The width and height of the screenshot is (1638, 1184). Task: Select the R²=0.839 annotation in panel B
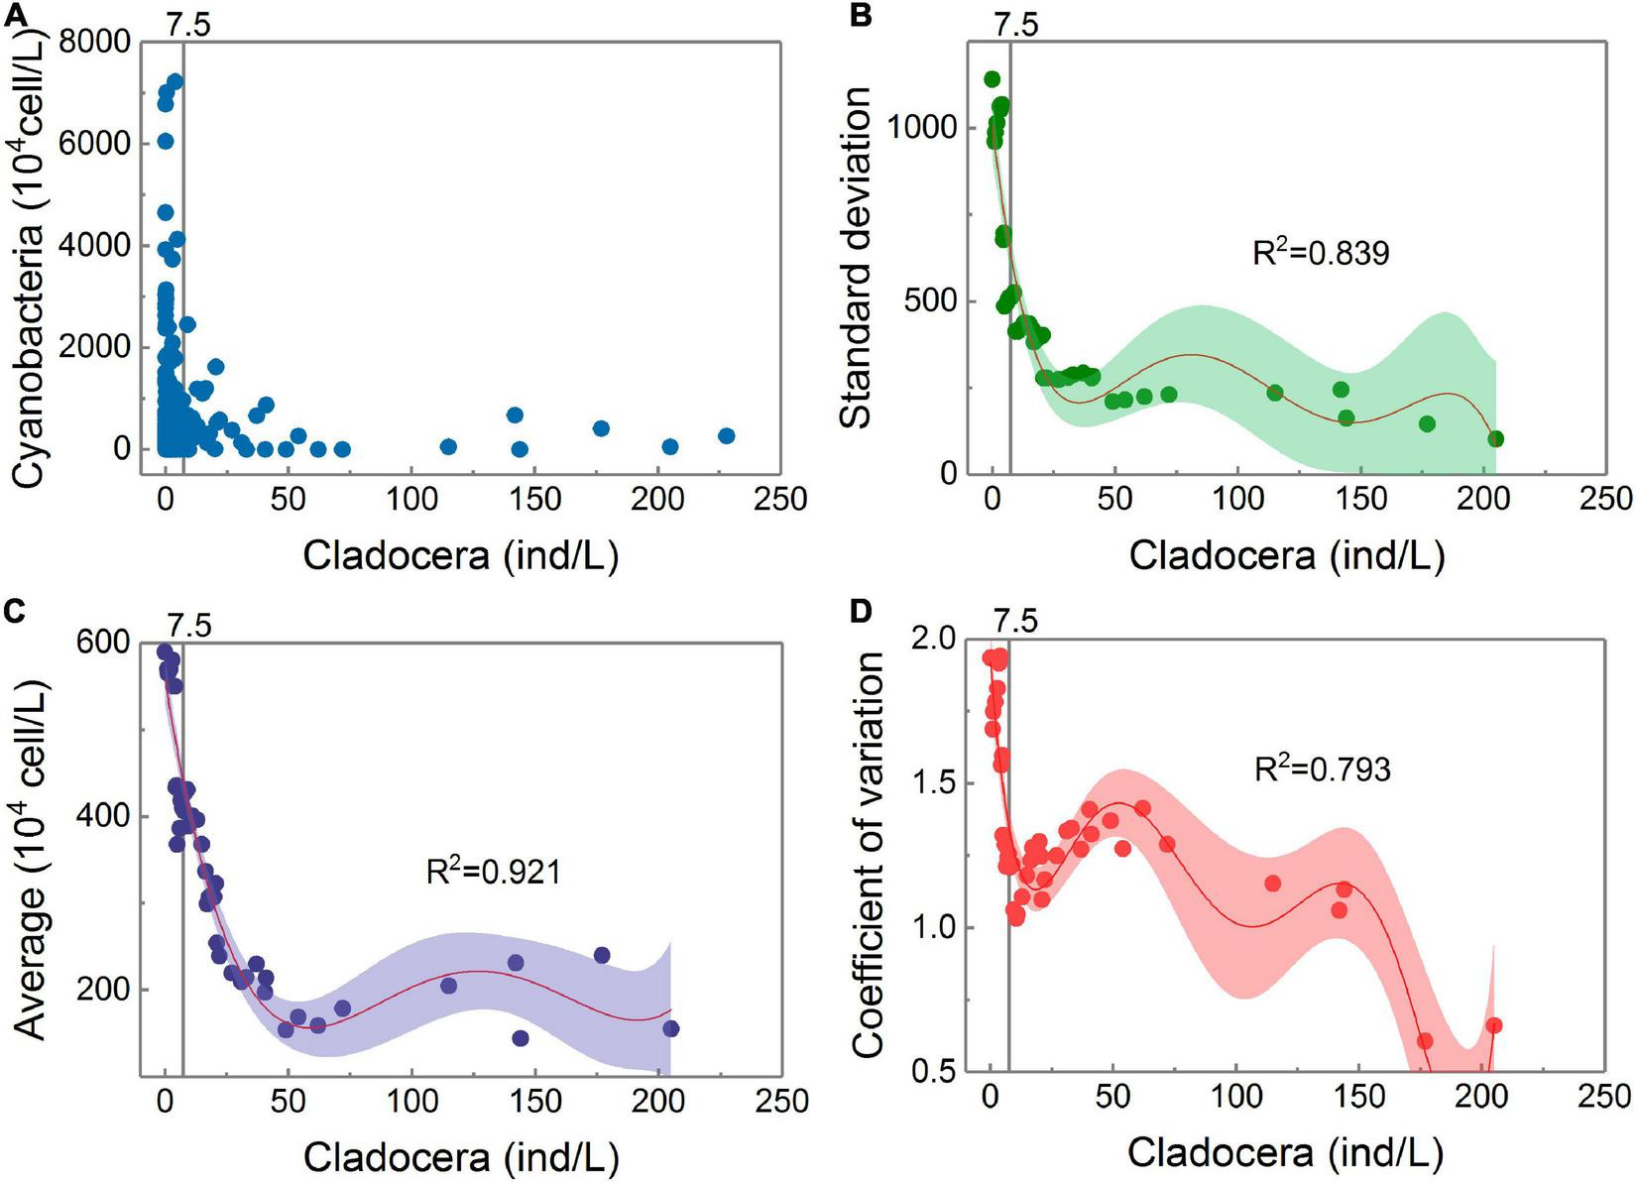tap(1321, 252)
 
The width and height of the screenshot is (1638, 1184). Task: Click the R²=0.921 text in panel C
tap(493, 872)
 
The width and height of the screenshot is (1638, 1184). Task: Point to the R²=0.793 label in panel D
tap(1322, 769)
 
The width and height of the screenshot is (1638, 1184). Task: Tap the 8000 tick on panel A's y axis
tap(95, 43)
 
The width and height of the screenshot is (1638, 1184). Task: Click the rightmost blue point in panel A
tap(726, 436)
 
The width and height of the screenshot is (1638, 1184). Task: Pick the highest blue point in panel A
tap(175, 81)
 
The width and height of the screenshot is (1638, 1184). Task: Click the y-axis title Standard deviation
tap(856, 258)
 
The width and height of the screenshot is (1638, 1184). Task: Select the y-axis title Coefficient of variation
tap(868, 855)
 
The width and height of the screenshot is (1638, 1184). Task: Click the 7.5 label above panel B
tap(1015, 25)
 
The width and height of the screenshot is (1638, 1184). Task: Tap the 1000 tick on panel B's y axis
tap(921, 128)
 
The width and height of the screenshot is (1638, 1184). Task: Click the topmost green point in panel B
tap(992, 79)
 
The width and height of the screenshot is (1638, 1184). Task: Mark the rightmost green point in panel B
tap(1495, 438)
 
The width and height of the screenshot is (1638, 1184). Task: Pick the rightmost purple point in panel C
tap(671, 1028)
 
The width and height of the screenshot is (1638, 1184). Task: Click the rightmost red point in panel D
tap(1494, 1025)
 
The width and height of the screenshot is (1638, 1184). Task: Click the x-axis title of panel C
tap(460, 1157)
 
